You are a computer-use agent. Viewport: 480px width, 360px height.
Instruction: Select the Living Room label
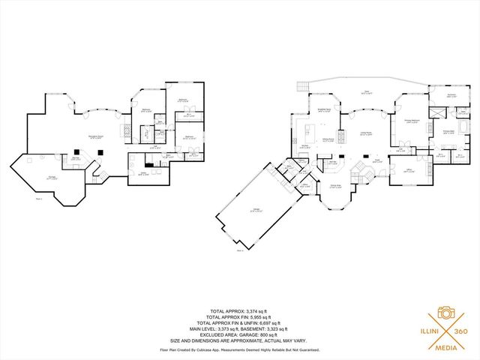pos(367,133)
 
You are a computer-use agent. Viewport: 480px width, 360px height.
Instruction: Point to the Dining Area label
pos(336,186)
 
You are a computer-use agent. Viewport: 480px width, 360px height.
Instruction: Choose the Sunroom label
pos(452,95)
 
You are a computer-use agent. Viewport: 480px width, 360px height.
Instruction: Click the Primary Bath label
pos(450,133)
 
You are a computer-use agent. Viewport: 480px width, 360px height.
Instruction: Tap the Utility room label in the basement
pos(142,174)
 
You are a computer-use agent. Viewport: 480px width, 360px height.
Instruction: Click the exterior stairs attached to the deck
pos(302,86)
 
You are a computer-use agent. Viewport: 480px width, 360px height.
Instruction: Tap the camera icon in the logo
pos(445,312)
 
